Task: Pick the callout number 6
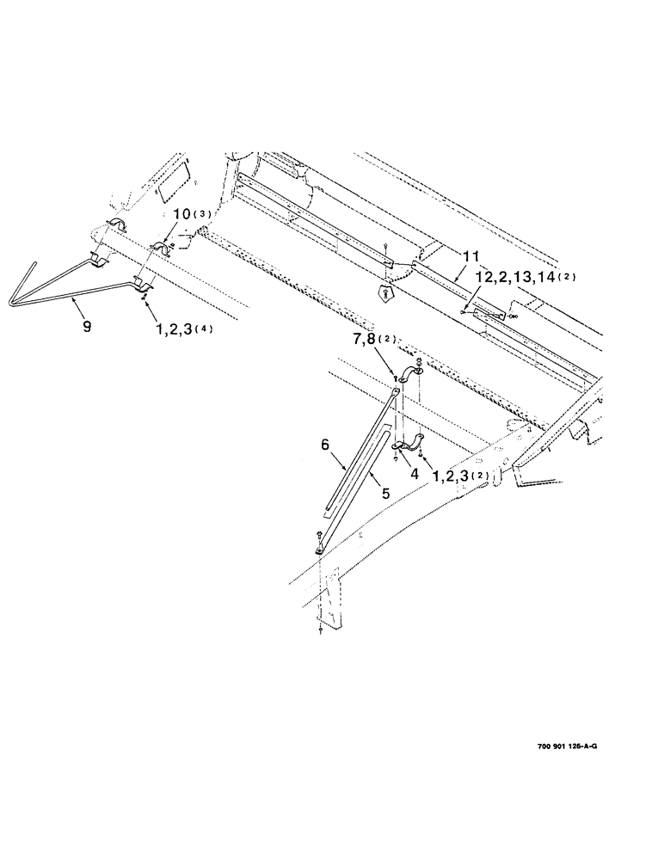coord(326,445)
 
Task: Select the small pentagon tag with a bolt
coord(386,292)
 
